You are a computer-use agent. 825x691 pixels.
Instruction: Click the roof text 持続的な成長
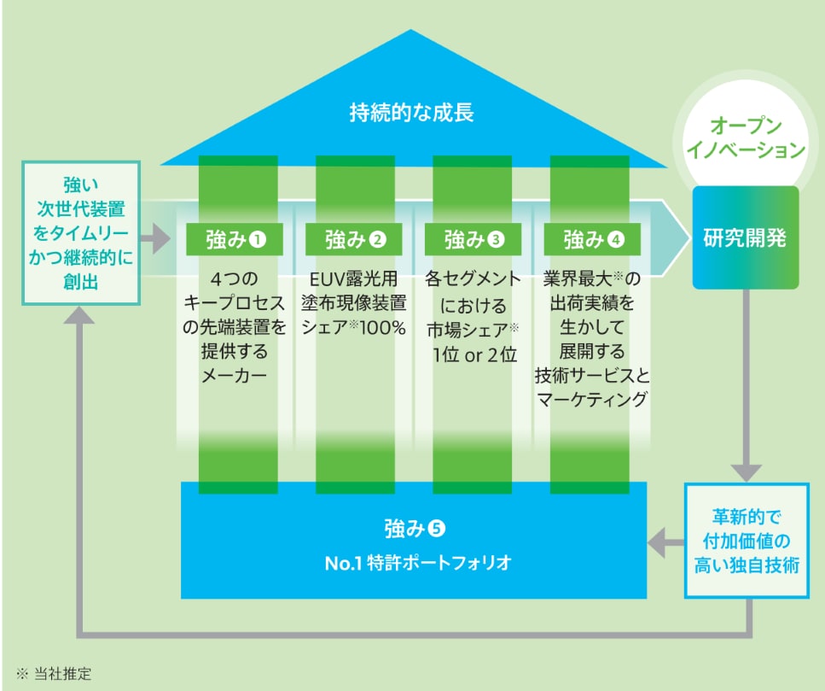click(411, 112)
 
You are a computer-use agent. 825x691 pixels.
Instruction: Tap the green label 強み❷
click(357, 239)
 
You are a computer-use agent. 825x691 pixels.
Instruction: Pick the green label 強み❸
click(474, 239)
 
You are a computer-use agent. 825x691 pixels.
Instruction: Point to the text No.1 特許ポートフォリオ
click(413, 563)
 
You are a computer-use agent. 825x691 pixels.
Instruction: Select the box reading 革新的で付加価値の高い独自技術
click(746, 542)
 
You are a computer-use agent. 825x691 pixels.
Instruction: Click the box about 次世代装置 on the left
click(80, 232)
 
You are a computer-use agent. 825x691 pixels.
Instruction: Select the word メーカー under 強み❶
click(237, 376)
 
